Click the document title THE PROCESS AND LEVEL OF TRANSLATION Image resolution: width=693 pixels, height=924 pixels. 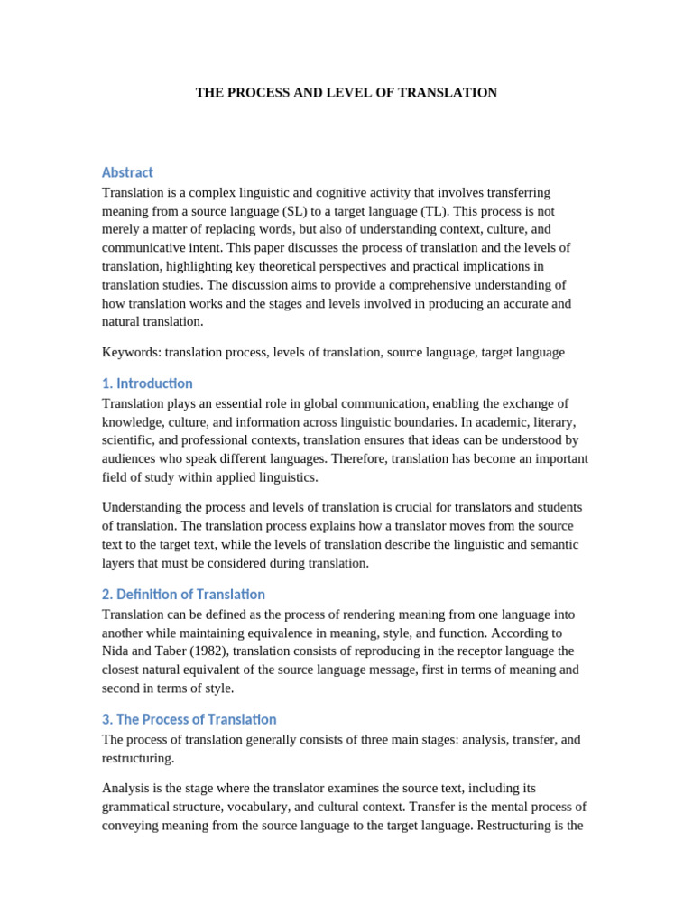(346, 93)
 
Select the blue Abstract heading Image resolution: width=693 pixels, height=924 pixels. (127, 172)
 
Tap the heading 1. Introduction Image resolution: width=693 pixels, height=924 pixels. (147, 383)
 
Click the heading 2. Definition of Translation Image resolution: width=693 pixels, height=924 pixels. (183, 595)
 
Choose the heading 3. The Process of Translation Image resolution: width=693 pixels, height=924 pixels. (189, 719)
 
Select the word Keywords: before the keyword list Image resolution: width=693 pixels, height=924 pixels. (132, 353)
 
